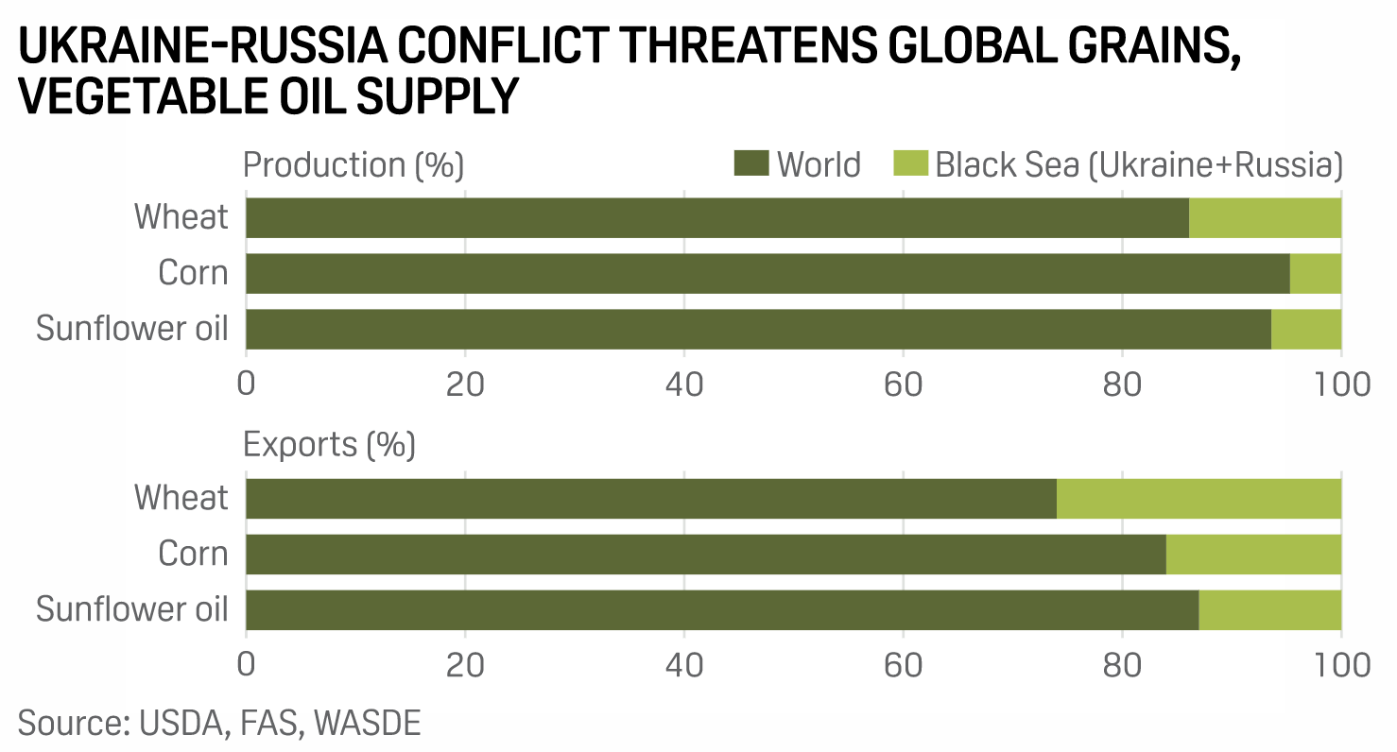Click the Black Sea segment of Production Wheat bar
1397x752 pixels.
pos(1265,217)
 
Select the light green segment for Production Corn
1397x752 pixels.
pos(1316,273)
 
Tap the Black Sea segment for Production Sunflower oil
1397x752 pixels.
pos(1306,329)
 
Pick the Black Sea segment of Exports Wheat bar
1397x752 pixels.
pos(1199,498)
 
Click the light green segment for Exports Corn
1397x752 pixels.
pos(1253,554)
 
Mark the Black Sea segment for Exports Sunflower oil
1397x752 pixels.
pos(1269,609)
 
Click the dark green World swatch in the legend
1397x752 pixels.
pos(751,163)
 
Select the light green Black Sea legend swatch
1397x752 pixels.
pos(910,163)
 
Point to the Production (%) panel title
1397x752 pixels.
pos(354,164)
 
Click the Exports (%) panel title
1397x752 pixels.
pos(330,444)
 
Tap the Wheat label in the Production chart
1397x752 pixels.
pos(181,217)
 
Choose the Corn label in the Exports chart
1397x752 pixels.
pos(193,554)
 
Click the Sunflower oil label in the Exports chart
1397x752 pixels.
pos(132,609)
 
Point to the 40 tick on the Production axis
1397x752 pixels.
pos(683,385)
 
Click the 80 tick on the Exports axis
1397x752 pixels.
pos(1122,664)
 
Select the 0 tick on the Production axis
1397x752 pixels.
pos(247,385)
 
